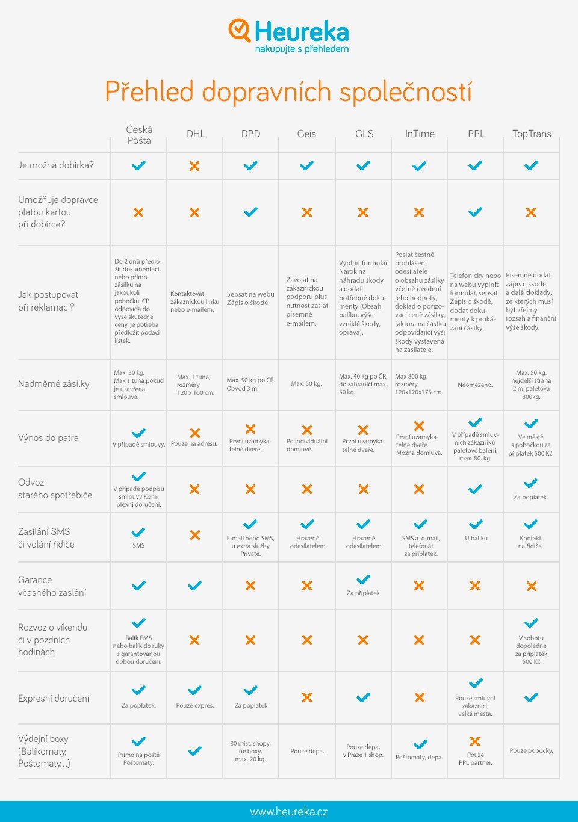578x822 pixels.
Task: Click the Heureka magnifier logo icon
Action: tap(239, 29)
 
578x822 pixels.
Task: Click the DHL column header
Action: tap(196, 134)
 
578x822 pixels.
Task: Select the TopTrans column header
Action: tap(532, 134)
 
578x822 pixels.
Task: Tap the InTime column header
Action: tap(420, 134)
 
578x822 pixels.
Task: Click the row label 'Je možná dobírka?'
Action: tap(56, 165)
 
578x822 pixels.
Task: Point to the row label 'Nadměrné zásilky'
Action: tap(54, 384)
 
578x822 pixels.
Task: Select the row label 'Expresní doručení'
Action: tap(54, 698)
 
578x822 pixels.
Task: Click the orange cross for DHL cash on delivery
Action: tap(194, 165)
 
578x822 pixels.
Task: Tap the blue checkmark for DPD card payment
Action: tap(250, 212)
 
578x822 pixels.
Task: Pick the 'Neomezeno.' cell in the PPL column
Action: tap(475, 385)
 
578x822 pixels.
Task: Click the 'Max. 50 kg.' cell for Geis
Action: tap(306, 383)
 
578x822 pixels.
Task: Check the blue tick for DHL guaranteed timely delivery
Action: tap(194, 586)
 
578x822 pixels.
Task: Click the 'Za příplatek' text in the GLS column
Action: tap(363, 593)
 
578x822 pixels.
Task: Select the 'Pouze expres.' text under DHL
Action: tap(195, 705)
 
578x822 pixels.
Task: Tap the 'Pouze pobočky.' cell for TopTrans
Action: tap(531, 750)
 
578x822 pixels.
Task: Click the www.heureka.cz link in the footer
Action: tap(289, 812)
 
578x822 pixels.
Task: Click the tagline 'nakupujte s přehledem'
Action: tap(302, 49)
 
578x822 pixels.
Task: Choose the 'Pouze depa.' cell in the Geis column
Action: tap(307, 751)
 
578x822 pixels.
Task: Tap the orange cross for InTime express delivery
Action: tap(419, 697)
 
